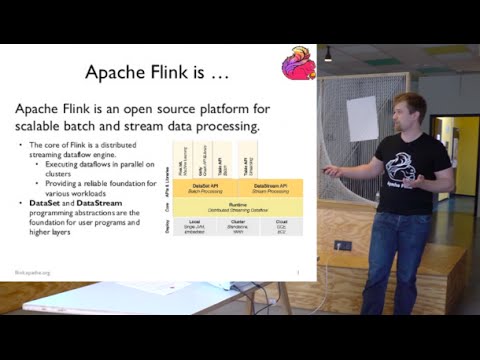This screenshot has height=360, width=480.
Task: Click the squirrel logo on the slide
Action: point(297,62)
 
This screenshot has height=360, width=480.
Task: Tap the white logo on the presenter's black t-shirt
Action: point(412,168)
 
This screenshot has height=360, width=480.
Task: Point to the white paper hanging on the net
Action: point(361,117)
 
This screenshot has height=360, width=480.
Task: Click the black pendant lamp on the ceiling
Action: point(327,55)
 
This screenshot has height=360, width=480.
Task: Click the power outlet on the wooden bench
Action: point(342,245)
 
